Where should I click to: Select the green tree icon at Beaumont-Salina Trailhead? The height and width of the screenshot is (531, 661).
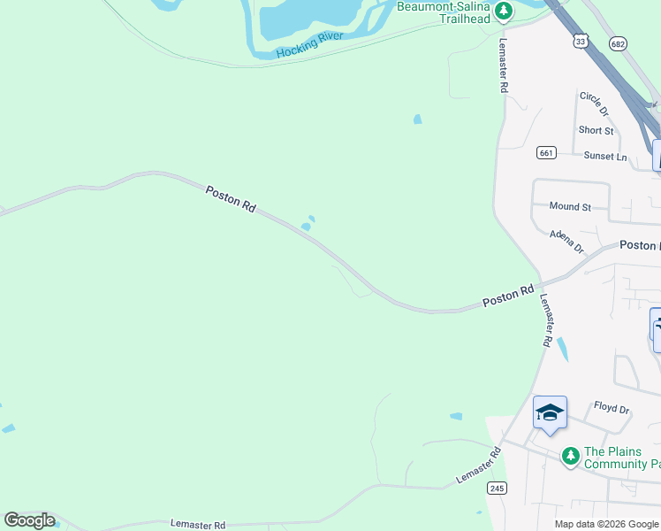tap(504, 11)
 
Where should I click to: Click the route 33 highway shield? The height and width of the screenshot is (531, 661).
tap(580, 41)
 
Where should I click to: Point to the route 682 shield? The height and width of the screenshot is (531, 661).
tap(619, 43)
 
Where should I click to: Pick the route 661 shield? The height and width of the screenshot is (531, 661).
tap(545, 153)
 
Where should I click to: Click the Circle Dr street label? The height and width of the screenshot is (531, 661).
tap(594, 104)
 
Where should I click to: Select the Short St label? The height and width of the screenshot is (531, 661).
tap(596, 130)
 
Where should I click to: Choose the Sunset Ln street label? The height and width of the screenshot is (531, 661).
tap(604, 157)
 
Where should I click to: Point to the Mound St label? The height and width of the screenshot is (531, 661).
tap(570, 206)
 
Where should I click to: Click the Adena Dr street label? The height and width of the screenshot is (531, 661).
tap(566, 240)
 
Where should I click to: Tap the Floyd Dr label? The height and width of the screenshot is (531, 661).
tap(611, 410)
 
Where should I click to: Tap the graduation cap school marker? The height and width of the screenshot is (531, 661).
tap(550, 412)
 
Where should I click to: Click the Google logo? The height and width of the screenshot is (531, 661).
tap(29, 520)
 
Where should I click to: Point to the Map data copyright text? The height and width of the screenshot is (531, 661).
tap(606, 524)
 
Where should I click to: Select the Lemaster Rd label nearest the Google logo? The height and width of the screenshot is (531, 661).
tap(198, 525)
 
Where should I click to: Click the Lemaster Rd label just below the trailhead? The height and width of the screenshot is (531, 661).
tap(502, 65)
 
